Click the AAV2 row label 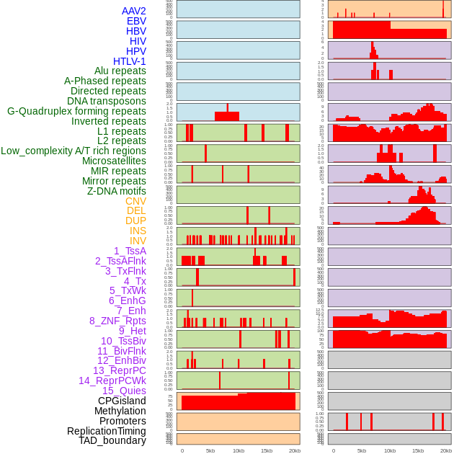tap(134, 11)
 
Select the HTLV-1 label tap(130, 61)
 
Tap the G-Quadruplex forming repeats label tap(76, 111)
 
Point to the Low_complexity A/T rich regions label tap(74, 151)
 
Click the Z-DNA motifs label tap(117, 191)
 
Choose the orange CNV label tap(135, 201)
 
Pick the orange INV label tap(138, 241)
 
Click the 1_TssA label tap(130, 251)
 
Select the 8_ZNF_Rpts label tap(117, 321)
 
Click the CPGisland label tap(122, 401)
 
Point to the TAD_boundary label tap(112, 440)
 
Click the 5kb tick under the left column tap(210, 450)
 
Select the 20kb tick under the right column tap(446, 450)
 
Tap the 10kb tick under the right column tap(389, 450)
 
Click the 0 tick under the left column tap(182, 450)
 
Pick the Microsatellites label tap(114, 161)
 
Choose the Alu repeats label tap(120, 71)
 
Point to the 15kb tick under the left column tap(267, 450)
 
